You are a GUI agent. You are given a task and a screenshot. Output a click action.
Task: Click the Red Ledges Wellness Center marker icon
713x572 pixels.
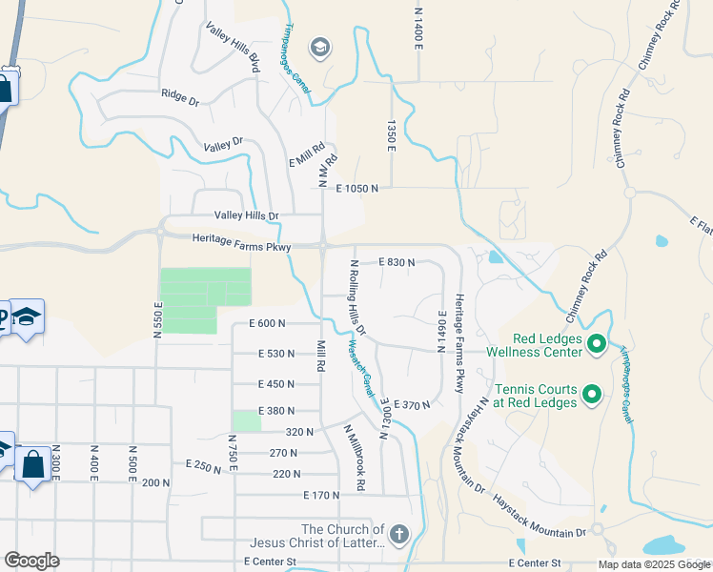click(598, 343)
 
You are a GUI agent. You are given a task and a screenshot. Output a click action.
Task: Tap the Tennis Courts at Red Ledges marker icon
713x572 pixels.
click(591, 393)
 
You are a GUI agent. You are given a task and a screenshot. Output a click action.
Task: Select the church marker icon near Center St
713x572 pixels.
click(398, 534)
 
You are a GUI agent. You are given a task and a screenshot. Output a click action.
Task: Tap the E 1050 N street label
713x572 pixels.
click(356, 189)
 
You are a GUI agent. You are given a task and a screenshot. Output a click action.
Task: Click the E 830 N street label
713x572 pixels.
click(396, 261)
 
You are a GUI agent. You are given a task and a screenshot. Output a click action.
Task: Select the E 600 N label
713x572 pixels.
click(267, 324)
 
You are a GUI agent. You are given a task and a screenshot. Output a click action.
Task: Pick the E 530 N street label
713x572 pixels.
click(276, 354)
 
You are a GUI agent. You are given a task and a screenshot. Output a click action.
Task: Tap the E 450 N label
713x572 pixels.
click(276, 384)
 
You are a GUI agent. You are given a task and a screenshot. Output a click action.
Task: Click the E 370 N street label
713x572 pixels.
click(412, 405)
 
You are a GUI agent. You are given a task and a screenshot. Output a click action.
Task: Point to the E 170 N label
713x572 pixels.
click(321, 496)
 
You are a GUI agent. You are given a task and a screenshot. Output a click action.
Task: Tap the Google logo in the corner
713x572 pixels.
click(31, 561)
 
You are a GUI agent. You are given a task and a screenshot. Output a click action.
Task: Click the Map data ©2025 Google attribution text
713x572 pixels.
click(654, 564)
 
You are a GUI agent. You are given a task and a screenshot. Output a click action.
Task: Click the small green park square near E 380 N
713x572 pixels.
click(246, 420)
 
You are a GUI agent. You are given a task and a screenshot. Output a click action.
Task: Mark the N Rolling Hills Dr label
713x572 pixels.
click(356, 298)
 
